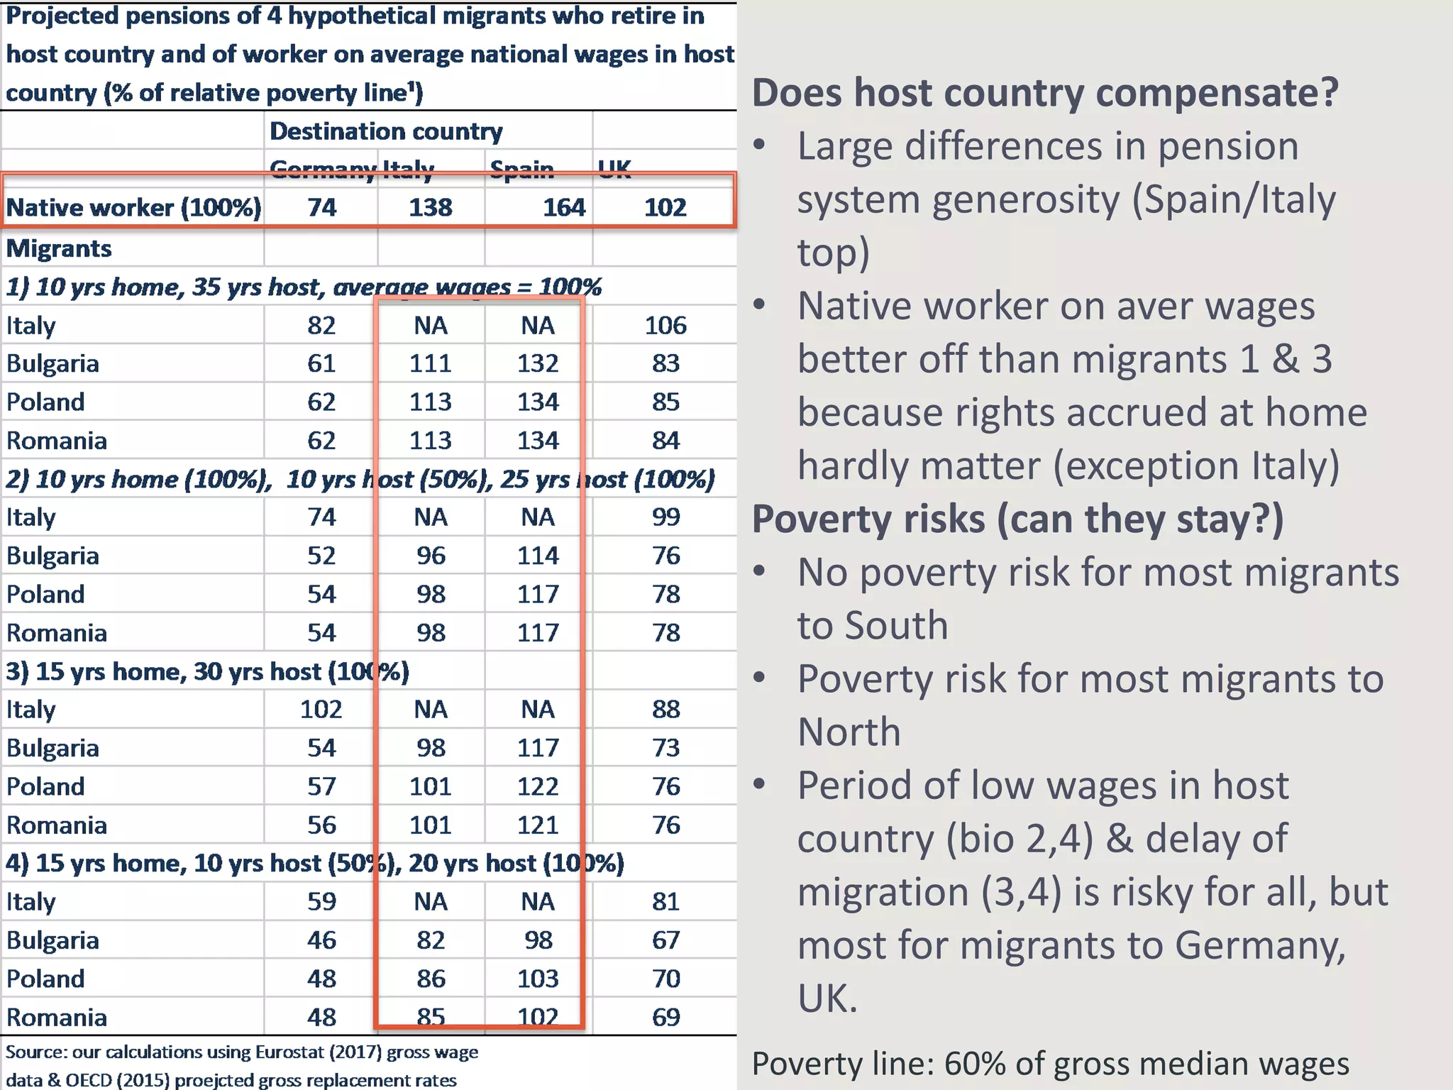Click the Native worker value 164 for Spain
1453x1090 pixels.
tap(564, 207)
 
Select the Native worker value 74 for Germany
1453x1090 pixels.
tap(321, 207)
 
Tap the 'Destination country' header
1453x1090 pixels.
tap(386, 131)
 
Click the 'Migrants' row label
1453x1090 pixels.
tap(59, 248)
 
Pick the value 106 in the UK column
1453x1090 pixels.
tap(665, 325)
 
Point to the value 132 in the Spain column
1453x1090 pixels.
tap(538, 363)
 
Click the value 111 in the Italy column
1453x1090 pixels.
tap(430, 363)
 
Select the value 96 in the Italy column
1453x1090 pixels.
tap(430, 556)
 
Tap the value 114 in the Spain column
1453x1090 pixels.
tap(538, 556)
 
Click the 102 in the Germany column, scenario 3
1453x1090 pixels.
tap(321, 709)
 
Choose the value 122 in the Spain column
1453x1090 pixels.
tap(538, 786)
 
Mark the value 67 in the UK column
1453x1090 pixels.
tap(665, 940)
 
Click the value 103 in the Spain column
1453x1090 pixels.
tap(538, 979)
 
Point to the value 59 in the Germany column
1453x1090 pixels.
tap(321, 901)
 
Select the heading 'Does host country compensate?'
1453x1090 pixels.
tap(1044, 93)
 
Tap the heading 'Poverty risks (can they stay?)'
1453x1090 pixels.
tap(1017, 519)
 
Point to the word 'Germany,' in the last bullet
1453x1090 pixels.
tap(1259, 945)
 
